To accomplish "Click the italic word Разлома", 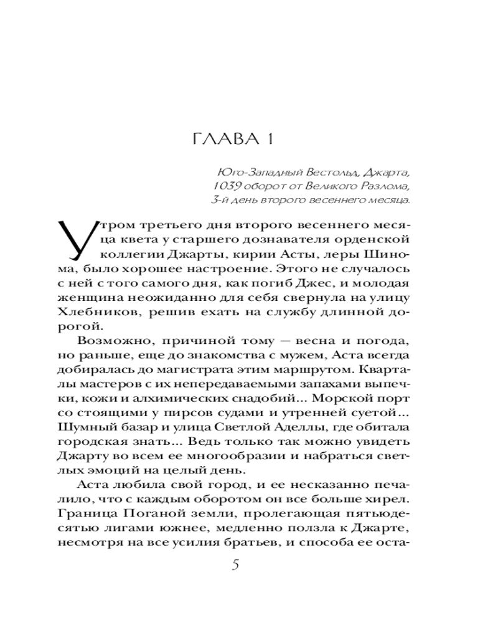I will [389, 186].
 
